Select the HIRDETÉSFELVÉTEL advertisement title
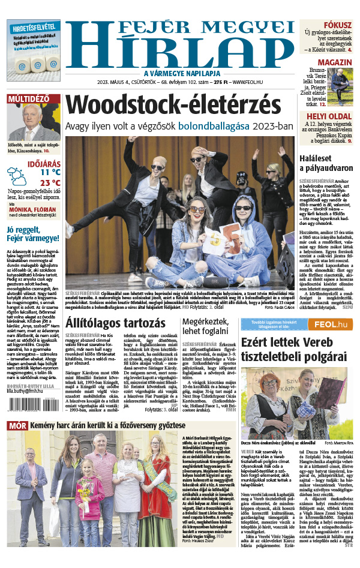tap(33, 28)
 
